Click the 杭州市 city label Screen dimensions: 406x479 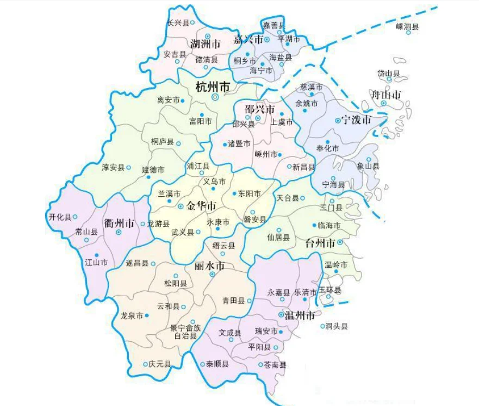[x=213, y=87]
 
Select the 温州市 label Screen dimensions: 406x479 [x=296, y=315]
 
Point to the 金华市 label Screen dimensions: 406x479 [x=201, y=207]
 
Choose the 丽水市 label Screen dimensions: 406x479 [x=209, y=266]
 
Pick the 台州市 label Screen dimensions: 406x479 [x=320, y=243]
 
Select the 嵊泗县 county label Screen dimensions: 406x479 [x=407, y=26]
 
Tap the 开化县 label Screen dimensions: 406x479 [x=60, y=217]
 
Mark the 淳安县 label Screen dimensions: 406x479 [x=113, y=167]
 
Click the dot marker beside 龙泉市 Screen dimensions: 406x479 [x=147, y=316]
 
